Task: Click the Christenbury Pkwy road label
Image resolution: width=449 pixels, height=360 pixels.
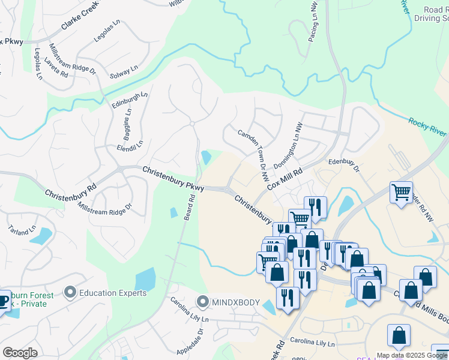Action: coord(173,179)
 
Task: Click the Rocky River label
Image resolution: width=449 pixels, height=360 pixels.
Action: coord(429,128)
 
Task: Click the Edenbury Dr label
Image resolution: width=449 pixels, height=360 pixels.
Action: coord(343,165)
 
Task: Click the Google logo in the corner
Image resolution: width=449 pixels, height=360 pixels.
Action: coord(20,353)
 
